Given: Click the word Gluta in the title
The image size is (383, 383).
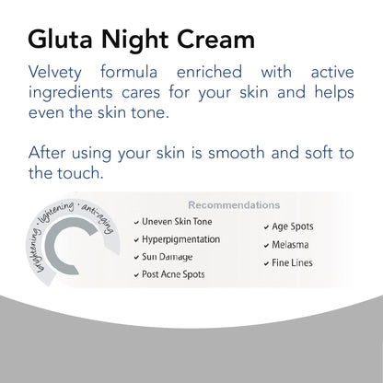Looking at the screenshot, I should click(x=59, y=41).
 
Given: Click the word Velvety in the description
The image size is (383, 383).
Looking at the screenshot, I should click(x=62, y=74).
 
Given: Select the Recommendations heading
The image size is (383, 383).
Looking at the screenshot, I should click(x=235, y=204).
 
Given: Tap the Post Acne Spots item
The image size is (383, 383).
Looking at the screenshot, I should click(x=174, y=274).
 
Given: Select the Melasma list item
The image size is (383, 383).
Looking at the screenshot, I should click(x=289, y=245).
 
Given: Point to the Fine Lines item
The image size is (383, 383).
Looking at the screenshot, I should click(x=292, y=263).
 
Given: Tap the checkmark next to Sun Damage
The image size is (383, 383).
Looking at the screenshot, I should click(x=137, y=257).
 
